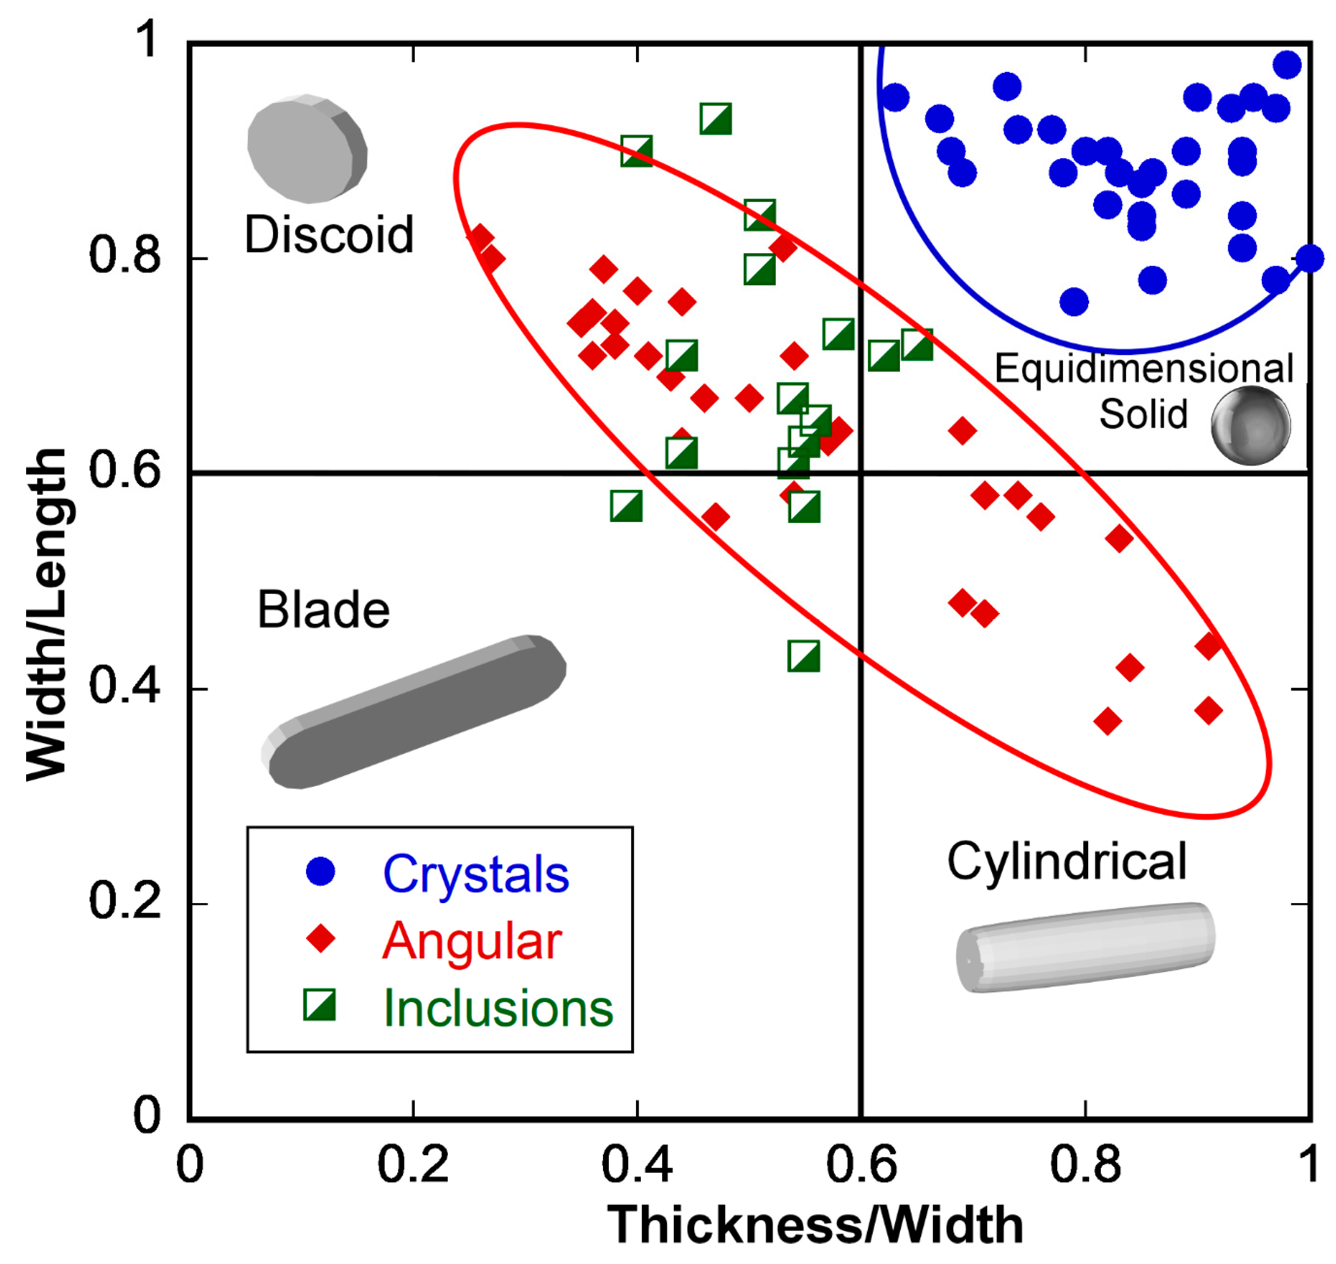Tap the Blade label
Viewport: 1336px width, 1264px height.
[x=324, y=610]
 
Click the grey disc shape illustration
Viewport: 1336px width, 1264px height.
[x=307, y=148]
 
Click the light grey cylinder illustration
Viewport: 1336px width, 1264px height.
[x=1085, y=947]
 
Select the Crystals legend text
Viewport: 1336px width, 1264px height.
[x=476, y=874]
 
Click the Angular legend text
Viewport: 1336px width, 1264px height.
[x=472, y=940]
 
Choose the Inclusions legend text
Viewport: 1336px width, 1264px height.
[x=498, y=1009]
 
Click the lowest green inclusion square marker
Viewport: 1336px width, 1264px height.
[x=803, y=656]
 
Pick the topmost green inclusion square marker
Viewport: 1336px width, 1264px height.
[x=715, y=119]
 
